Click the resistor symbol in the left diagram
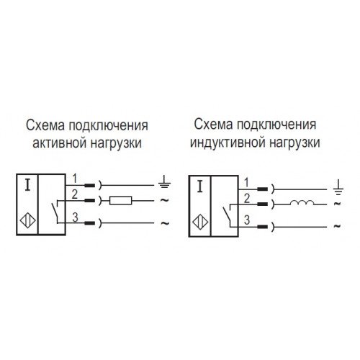[121, 200]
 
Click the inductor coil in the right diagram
[302, 203]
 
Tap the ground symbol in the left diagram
[164, 181]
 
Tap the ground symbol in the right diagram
[338, 186]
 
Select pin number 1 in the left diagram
[75, 179]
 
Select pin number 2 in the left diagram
[75, 194]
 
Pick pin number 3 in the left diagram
[76, 217]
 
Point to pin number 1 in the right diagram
[246, 183]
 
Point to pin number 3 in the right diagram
[247, 220]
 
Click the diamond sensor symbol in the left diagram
[27, 220]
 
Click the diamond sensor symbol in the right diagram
[200, 222]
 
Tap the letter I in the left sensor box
[28, 185]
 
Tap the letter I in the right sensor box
[200, 187]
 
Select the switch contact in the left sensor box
[55, 211]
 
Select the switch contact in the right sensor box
[227, 215]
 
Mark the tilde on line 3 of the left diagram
[165, 223]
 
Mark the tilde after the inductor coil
[338, 204]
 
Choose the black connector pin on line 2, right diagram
[262, 204]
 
